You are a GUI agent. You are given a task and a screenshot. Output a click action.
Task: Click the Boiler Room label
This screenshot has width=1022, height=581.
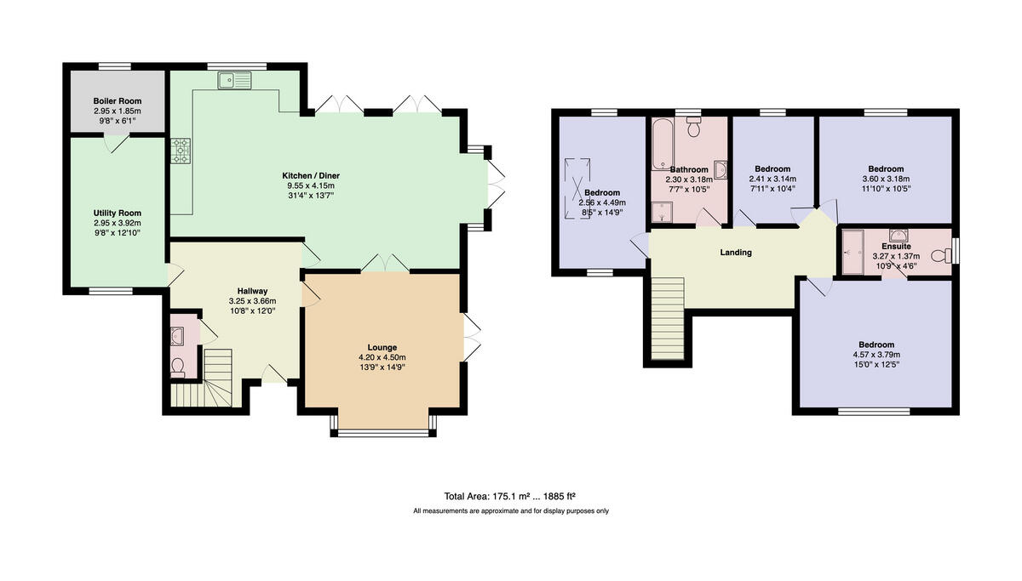coord(118,100)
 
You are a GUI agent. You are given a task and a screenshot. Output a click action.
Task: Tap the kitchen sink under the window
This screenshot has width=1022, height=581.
coord(234,80)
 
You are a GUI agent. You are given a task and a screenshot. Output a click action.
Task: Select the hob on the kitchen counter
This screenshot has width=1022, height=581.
coord(181,151)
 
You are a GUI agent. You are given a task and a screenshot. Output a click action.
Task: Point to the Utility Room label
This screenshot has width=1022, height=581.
coord(118,213)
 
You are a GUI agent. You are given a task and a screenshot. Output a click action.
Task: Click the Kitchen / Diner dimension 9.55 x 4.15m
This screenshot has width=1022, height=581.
coord(311,185)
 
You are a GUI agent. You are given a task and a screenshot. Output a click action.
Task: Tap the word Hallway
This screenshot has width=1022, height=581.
coord(252,291)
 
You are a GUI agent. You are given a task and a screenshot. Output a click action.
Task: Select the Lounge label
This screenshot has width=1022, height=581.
coord(382,347)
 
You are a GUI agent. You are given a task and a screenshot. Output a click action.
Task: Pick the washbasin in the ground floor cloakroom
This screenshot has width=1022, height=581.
coord(177,336)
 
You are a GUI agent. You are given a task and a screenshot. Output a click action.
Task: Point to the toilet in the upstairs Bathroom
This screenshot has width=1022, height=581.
coord(693,127)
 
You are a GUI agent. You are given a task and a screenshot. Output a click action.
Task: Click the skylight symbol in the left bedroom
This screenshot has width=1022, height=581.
coord(577,189)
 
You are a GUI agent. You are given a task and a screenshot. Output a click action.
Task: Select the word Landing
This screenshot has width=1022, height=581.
coord(736,252)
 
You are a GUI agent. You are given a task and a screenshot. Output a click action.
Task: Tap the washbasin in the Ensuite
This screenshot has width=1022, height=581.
coord(899,235)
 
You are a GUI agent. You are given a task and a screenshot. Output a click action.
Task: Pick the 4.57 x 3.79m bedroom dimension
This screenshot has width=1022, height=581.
coord(876,355)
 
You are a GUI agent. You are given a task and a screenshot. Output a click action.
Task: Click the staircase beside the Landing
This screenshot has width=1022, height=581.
coord(668,318)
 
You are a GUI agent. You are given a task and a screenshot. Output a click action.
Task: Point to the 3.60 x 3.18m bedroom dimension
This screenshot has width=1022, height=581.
coord(886,179)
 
